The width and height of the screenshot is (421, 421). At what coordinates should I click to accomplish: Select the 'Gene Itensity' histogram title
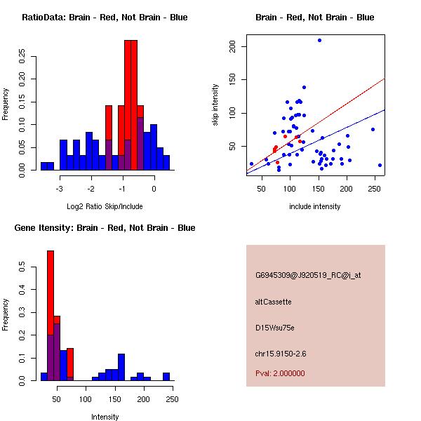point(105,228)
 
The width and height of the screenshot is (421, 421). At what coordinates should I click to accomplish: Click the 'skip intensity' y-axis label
point(215,105)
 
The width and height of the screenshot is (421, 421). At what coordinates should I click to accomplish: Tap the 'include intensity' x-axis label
point(315,206)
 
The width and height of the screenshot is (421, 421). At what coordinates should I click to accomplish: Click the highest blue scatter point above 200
point(319,40)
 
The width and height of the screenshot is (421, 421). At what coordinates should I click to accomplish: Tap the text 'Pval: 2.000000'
point(280,373)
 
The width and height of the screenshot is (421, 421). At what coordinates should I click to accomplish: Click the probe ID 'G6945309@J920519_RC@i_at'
point(308,276)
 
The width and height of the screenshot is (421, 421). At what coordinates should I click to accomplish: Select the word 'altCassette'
point(273,302)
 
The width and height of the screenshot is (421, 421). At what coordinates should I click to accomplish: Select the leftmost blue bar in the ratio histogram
point(47,166)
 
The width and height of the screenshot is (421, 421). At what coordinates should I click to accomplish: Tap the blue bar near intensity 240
point(166,377)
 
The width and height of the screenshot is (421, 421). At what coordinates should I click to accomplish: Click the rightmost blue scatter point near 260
point(380,165)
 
